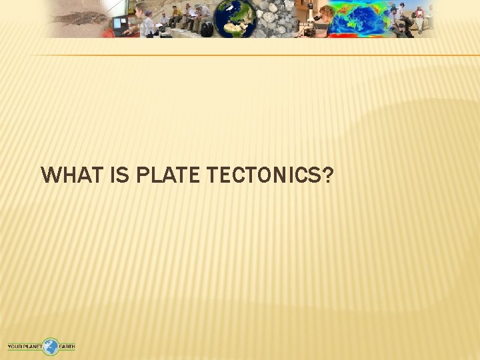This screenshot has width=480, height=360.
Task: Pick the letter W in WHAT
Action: coord(50,175)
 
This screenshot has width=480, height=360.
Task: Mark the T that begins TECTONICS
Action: coord(213,175)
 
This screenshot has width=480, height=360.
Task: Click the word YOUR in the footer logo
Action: coord(15,347)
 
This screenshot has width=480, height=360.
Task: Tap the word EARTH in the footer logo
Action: coord(67,347)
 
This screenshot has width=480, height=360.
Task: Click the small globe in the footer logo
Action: coord(51,347)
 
